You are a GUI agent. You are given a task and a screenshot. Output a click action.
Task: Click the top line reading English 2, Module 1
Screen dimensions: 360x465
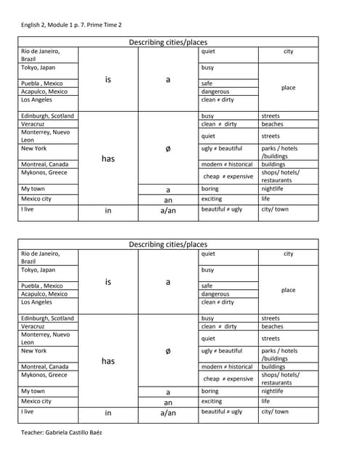click(x=71, y=25)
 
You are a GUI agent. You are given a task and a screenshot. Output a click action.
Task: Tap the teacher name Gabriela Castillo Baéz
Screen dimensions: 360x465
click(x=62, y=432)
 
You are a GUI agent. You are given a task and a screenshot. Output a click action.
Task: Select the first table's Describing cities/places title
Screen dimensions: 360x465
click(x=168, y=42)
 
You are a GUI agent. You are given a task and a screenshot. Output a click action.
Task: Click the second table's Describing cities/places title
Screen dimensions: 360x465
click(x=168, y=245)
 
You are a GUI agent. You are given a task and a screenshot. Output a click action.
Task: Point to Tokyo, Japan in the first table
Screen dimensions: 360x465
click(x=38, y=68)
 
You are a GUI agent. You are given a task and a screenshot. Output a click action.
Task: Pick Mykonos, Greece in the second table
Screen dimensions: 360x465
click(x=44, y=375)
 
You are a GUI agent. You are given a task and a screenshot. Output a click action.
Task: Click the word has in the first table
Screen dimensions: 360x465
click(x=108, y=158)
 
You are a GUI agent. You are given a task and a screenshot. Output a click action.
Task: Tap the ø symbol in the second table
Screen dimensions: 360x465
click(x=168, y=351)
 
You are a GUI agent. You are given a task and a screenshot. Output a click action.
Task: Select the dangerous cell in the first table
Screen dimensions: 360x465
click(x=215, y=92)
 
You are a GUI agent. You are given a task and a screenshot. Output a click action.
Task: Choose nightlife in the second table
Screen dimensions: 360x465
click(x=272, y=391)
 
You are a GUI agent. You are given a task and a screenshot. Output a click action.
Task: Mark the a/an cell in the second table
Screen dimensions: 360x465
click(x=168, y=413)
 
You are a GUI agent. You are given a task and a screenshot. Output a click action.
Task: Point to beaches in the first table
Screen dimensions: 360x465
click(x=272, y=124)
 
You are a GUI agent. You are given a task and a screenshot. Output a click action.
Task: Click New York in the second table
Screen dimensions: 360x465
click(x=33, y=351)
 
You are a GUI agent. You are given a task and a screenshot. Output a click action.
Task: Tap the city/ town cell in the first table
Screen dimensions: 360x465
click(x=274, y=209)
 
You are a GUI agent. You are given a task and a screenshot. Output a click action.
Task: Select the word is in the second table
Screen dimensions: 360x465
click(x=108, y=282)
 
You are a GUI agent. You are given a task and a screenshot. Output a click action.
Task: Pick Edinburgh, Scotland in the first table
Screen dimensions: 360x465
click(x=47, y=116)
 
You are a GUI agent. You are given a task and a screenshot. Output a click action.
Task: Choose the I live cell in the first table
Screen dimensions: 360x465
click(x=28, y=209)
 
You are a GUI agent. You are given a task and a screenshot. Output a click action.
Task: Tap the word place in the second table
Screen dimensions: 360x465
click(x=288, y=290)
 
